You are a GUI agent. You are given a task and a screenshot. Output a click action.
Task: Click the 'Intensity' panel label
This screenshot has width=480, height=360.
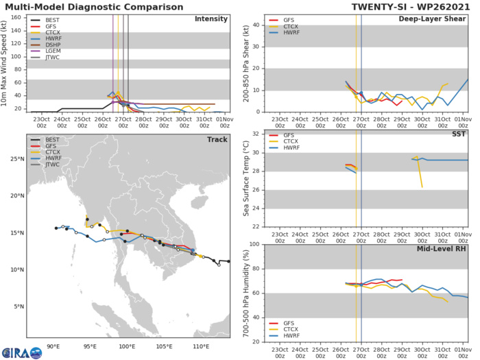211,19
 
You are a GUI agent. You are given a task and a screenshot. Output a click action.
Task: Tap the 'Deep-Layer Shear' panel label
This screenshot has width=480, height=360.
433,19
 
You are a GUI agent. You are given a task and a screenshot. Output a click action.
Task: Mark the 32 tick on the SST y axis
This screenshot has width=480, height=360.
257,134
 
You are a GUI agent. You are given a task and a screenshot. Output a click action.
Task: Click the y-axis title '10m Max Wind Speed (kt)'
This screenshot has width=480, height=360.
6,64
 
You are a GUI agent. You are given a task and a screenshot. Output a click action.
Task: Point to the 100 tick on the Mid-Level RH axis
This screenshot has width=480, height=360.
254,244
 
